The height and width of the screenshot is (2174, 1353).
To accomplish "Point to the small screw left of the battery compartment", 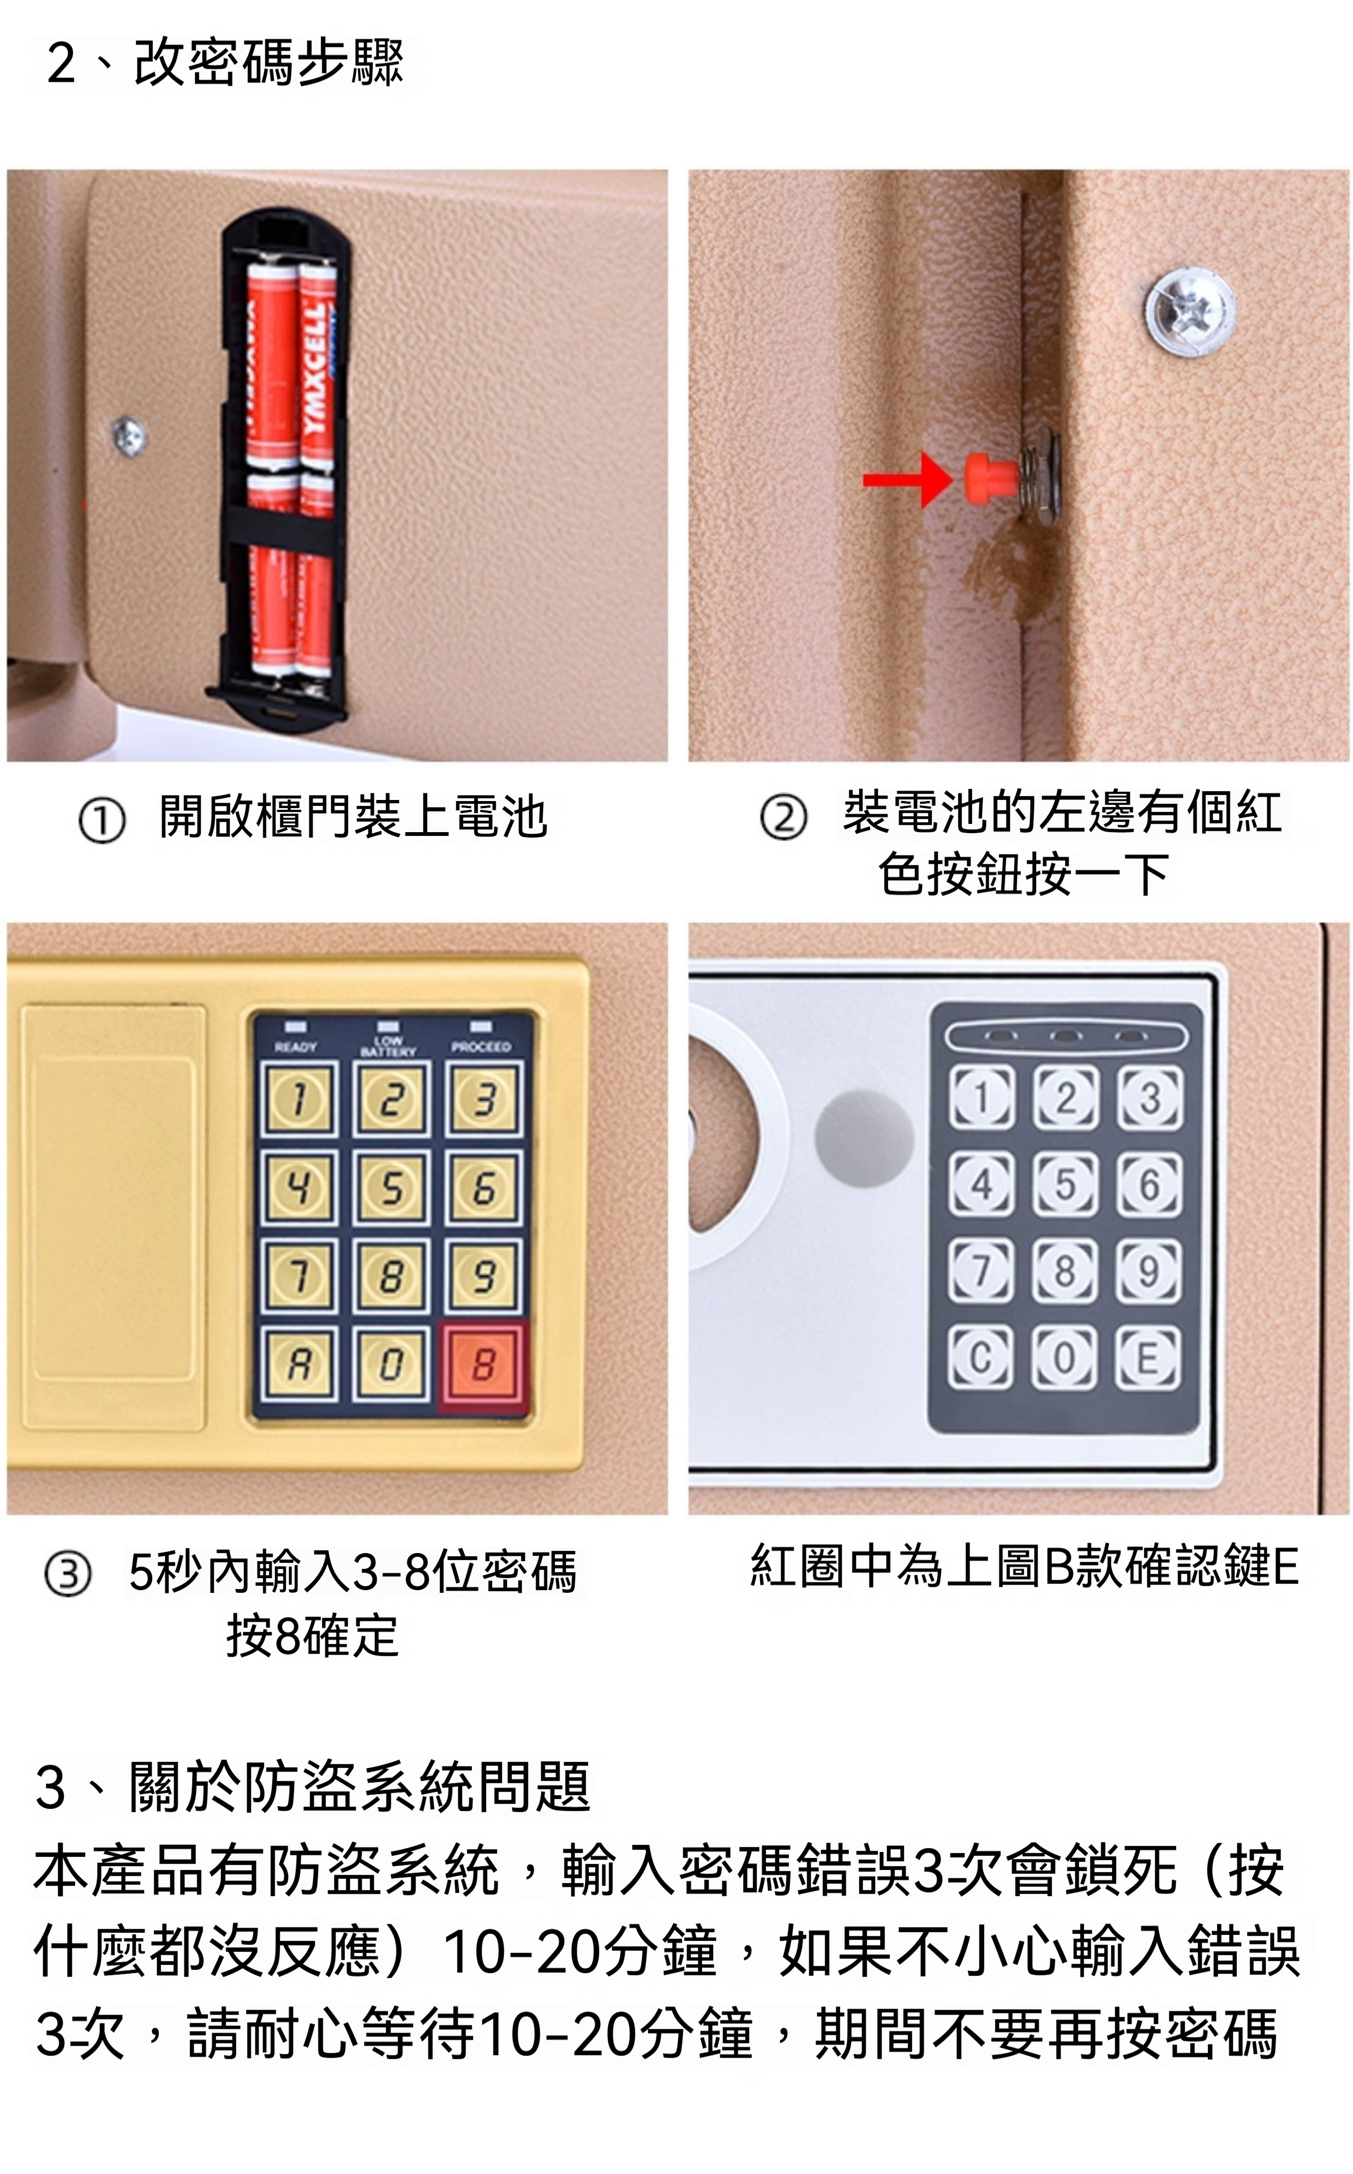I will click(129, 436).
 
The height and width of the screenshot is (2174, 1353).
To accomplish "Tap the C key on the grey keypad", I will click(981, 1358).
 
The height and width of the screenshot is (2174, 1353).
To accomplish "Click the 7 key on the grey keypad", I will click(981, 1270).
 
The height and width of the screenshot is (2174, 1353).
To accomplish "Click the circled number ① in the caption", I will click(101, 821).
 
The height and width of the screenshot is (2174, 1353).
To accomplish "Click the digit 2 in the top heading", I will click(61, 63).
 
